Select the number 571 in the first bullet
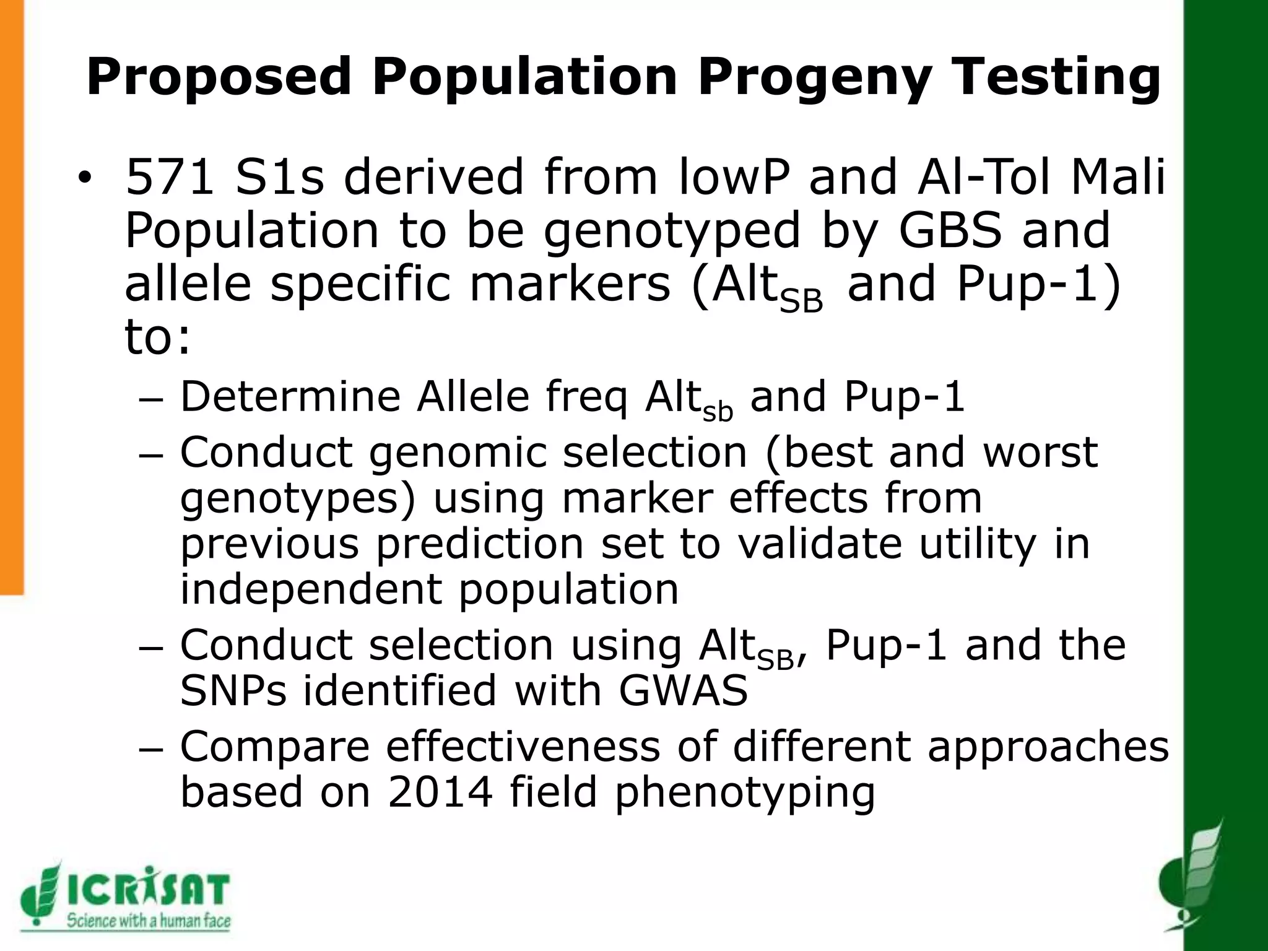170,177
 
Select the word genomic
458,453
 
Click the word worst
1040,451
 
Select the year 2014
440,792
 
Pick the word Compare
275,747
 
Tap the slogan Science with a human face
149,921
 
